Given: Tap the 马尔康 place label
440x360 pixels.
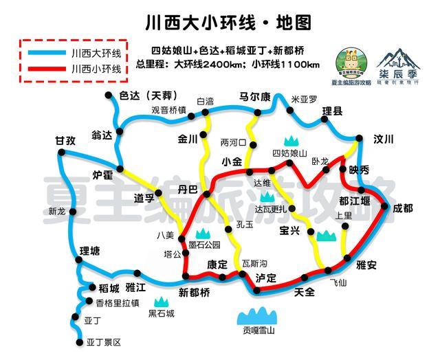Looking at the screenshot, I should point(255,95).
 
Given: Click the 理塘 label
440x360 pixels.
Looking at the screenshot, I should point(90,251).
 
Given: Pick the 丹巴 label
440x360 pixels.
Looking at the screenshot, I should point(188,188).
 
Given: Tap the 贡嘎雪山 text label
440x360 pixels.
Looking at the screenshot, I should point(258,331).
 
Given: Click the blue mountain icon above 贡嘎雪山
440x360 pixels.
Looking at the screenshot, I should point(258,315).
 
